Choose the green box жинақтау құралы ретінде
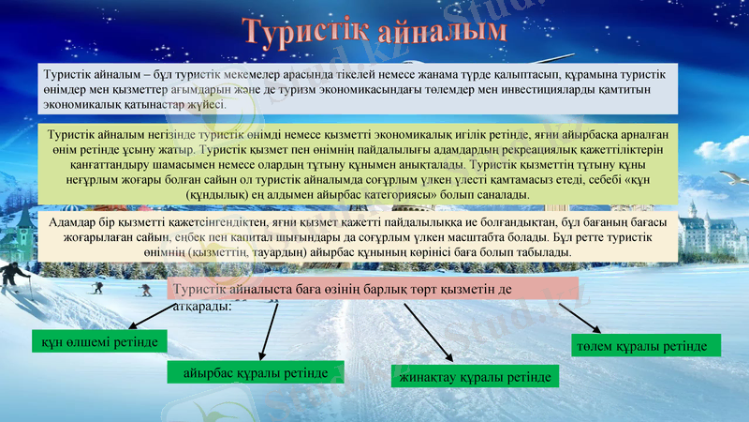[x=474, y=377]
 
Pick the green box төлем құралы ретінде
[x=645, y=346]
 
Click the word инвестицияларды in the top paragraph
[x=525, y=90]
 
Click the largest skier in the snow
[x=14, y=278]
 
